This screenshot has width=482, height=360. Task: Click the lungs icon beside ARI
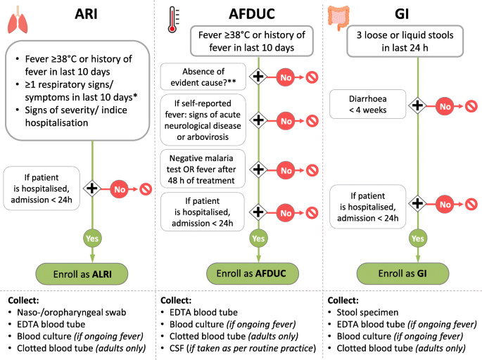20,22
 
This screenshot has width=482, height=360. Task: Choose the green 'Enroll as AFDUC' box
252,272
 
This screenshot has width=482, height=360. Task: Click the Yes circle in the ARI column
91,238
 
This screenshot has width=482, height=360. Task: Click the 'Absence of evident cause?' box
203,77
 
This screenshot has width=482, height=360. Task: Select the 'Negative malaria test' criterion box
203,169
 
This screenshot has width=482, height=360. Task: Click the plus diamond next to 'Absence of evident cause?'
258,77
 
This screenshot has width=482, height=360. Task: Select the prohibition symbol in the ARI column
146,188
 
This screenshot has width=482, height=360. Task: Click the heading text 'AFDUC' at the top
251,13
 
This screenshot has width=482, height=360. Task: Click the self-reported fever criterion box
203,121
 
